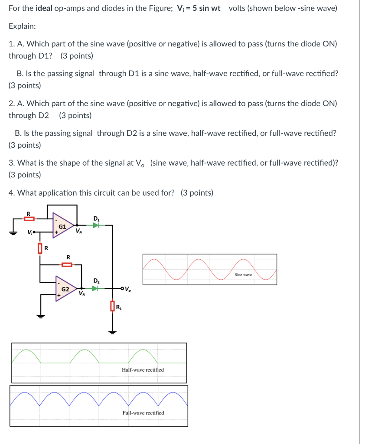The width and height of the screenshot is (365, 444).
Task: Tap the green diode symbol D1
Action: coord(96,225)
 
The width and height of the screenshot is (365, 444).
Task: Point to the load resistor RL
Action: coord(112,307)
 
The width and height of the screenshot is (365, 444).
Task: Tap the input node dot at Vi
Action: coord(34,232)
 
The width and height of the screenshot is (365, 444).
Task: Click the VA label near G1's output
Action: coord(78,231)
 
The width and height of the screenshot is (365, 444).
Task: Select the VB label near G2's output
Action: coord(81,294)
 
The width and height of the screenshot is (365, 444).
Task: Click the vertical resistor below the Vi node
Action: coord(40,248)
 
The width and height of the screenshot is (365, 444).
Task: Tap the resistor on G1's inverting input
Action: coord(29,219)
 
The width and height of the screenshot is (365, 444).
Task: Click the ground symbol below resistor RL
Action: coord(112,332)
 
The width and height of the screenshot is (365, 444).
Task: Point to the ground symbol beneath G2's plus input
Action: coord(41,315)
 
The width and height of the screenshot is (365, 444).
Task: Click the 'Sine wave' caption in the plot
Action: coord(243,275)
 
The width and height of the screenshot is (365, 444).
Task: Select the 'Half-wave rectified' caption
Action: coord(143,370)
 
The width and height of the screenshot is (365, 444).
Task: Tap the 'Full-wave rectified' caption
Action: coord(143,413)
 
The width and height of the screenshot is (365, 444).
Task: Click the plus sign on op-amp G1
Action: coord(56,232)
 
